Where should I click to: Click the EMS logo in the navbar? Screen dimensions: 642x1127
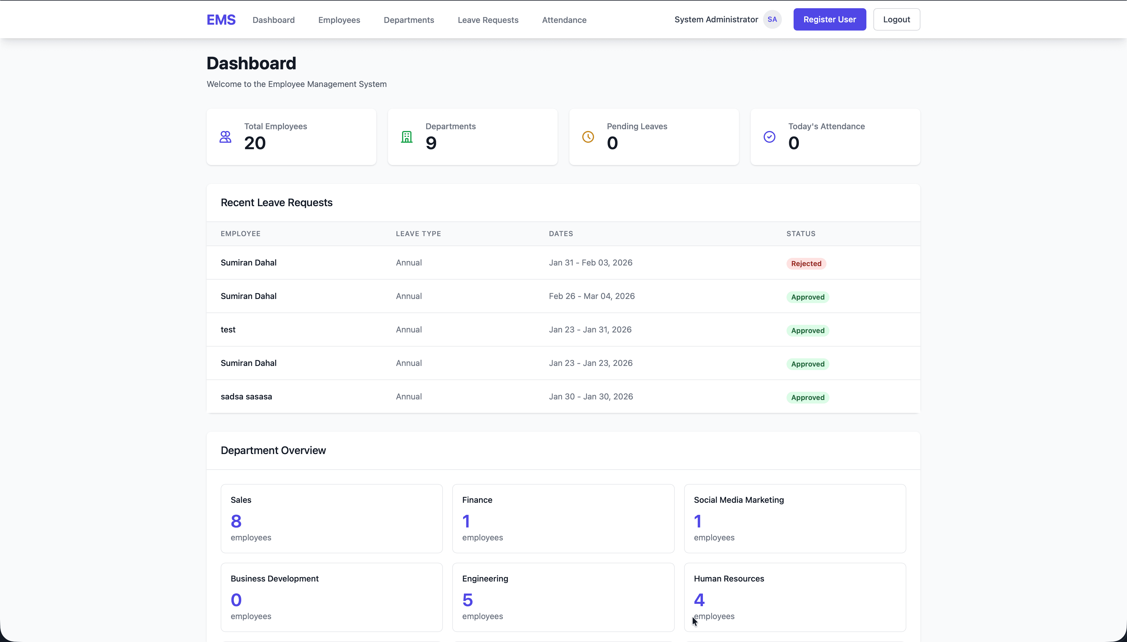(221, 20)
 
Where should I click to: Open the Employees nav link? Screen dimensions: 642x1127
(339, 20)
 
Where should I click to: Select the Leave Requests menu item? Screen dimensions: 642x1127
(488, 20)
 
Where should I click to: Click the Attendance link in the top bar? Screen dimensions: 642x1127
(564, 20)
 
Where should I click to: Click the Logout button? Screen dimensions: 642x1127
(896, 19)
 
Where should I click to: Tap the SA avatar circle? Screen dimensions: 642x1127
(772, 19)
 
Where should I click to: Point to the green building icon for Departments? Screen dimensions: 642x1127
(406, 137)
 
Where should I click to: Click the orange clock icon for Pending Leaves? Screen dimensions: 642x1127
(588, 137)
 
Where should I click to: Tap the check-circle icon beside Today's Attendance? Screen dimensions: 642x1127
(769, 137)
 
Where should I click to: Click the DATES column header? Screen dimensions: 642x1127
(560, 234)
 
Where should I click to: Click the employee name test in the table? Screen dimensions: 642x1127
(228, 330)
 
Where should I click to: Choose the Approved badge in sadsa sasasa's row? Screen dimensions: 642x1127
(807, 398)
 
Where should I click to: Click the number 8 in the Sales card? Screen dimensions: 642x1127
(236, 522)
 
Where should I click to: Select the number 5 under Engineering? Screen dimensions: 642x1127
(467, 600)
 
